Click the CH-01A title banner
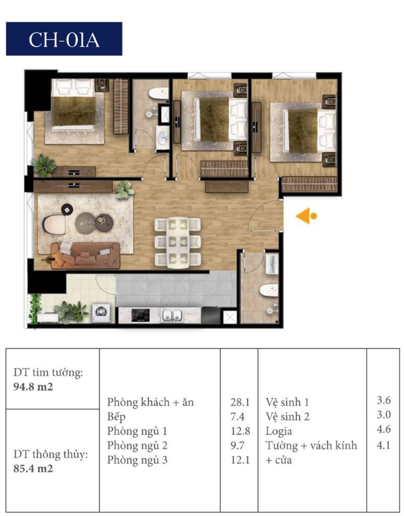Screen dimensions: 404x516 click(x=64, y=39)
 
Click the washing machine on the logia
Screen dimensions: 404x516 click(x=101, y=313)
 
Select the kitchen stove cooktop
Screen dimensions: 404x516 click(x=141, y=315)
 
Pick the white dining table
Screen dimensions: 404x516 click(x=178, y=242)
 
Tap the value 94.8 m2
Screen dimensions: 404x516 click(x=33, y=386)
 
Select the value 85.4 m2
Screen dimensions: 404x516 click(x=33, y=468)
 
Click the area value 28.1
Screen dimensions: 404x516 click(x=240, y=402)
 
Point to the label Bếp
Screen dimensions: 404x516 click(x=116, y=417)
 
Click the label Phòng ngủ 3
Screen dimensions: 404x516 click(x=137, y=460)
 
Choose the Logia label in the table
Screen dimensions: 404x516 click(x=279, y=431)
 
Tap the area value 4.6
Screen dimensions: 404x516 click(x=384, y=429)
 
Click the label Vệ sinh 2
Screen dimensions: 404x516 click(x=287, y=417)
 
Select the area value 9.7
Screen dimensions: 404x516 click(x=237, y=445)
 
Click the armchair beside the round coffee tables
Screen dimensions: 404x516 click(x=54, y=224)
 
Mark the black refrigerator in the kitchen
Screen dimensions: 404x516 click(x=211, y=315)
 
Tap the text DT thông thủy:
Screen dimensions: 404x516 click(x=51, y=455)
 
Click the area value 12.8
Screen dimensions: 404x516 click(x=240, y=431)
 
